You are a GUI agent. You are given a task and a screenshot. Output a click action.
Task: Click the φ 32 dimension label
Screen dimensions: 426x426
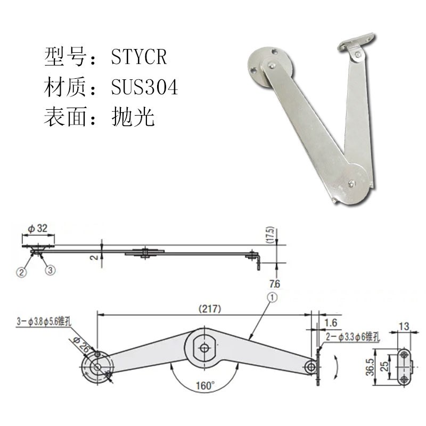[x=38, y=228]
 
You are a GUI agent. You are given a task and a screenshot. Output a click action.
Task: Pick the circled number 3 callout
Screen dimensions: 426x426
[x=51, y=271]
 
